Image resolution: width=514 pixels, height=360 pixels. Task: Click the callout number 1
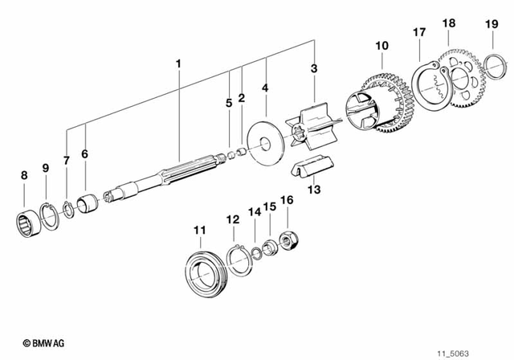tap(179, 61)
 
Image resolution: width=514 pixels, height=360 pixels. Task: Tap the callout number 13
tap(314, 190)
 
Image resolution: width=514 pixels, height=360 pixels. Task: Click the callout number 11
tap(198, 233)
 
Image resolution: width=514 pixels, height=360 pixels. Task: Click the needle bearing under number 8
tap(27, 218)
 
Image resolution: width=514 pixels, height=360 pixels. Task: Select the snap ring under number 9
tap(50, 215)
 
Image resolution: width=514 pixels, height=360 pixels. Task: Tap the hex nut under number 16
tap(288, 239)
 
